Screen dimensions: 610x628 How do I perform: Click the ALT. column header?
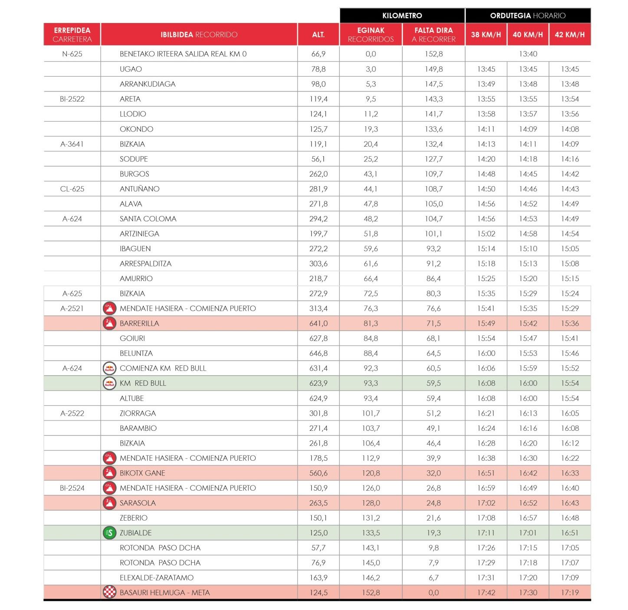click(318, 35)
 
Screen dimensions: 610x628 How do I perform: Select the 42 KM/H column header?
click(569, 35)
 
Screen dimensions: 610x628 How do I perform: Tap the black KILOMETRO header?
click(402, 16)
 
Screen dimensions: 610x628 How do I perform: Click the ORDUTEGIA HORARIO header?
click(527, 16)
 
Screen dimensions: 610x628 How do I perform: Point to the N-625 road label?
click(72, 54)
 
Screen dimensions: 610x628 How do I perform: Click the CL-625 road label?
click(72, 189)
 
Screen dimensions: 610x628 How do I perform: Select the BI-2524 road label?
click(72, 488)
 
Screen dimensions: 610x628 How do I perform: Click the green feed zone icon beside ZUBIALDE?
click(109, 533)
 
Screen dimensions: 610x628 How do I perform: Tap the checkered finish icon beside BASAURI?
click(109, 592)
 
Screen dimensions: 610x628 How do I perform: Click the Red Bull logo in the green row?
click(109, 383)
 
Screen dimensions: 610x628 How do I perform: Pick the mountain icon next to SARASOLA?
click(109, 503)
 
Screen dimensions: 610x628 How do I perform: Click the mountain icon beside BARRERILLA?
click(109, 323)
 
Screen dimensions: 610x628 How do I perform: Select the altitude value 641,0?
click(318, 323)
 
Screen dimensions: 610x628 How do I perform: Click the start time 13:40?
click(527, 54)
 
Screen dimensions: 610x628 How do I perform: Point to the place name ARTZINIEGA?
click(139, 233)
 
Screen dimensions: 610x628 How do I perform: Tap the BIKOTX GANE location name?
click(142, 473)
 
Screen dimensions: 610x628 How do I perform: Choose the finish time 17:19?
click(569, 592)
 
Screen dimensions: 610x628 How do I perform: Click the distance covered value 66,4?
click(371, 279)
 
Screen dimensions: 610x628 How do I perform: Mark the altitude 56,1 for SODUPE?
click(318, 159)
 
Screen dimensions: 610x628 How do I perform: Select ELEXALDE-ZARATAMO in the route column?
click(156, 577)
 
